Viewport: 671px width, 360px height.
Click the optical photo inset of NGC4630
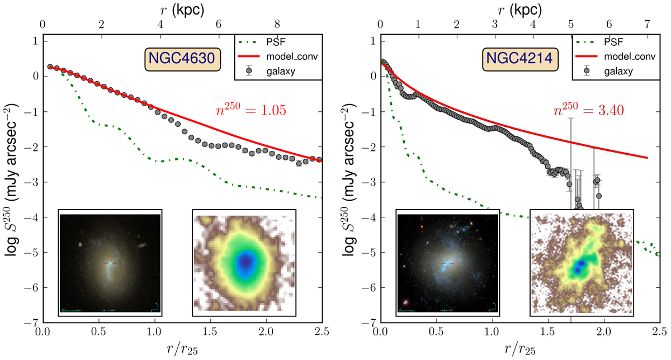[x=110, y=262]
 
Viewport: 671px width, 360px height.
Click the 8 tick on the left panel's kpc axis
[x=278, y=25]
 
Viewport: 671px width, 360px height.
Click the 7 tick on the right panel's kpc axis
[x=647, y=25]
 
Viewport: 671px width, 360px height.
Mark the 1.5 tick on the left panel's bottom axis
[x=210, y=332]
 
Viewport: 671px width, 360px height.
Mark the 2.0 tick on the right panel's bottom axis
[x=603, y=332]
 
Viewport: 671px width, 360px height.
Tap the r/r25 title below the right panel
[x=519, y=350]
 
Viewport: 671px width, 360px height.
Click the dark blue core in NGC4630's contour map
[x=244, y=261]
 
